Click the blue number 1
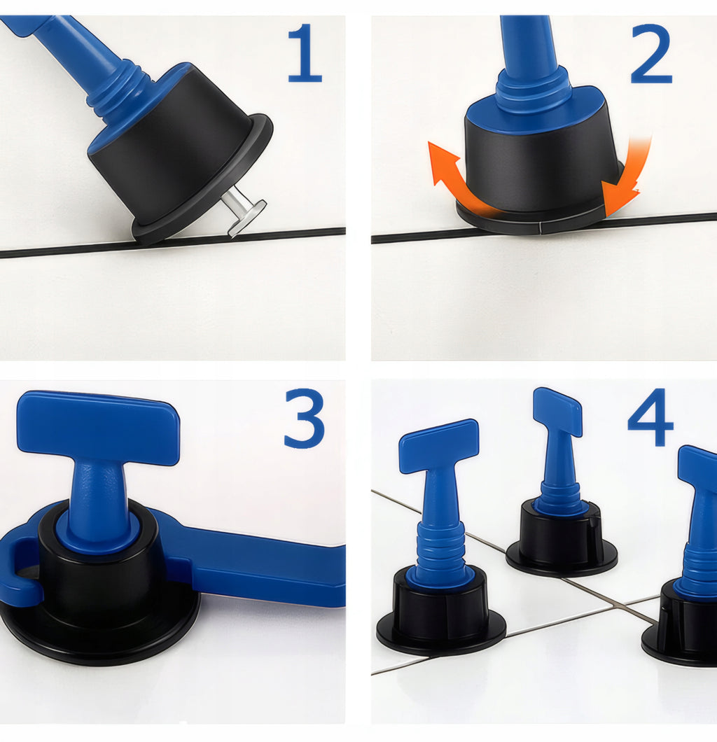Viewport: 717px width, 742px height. tap(305, 53)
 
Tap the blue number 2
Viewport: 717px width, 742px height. tap(651, 54)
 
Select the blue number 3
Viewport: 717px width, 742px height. tap(305, 419)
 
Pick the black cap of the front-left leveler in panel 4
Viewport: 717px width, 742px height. tap(441, 610)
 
